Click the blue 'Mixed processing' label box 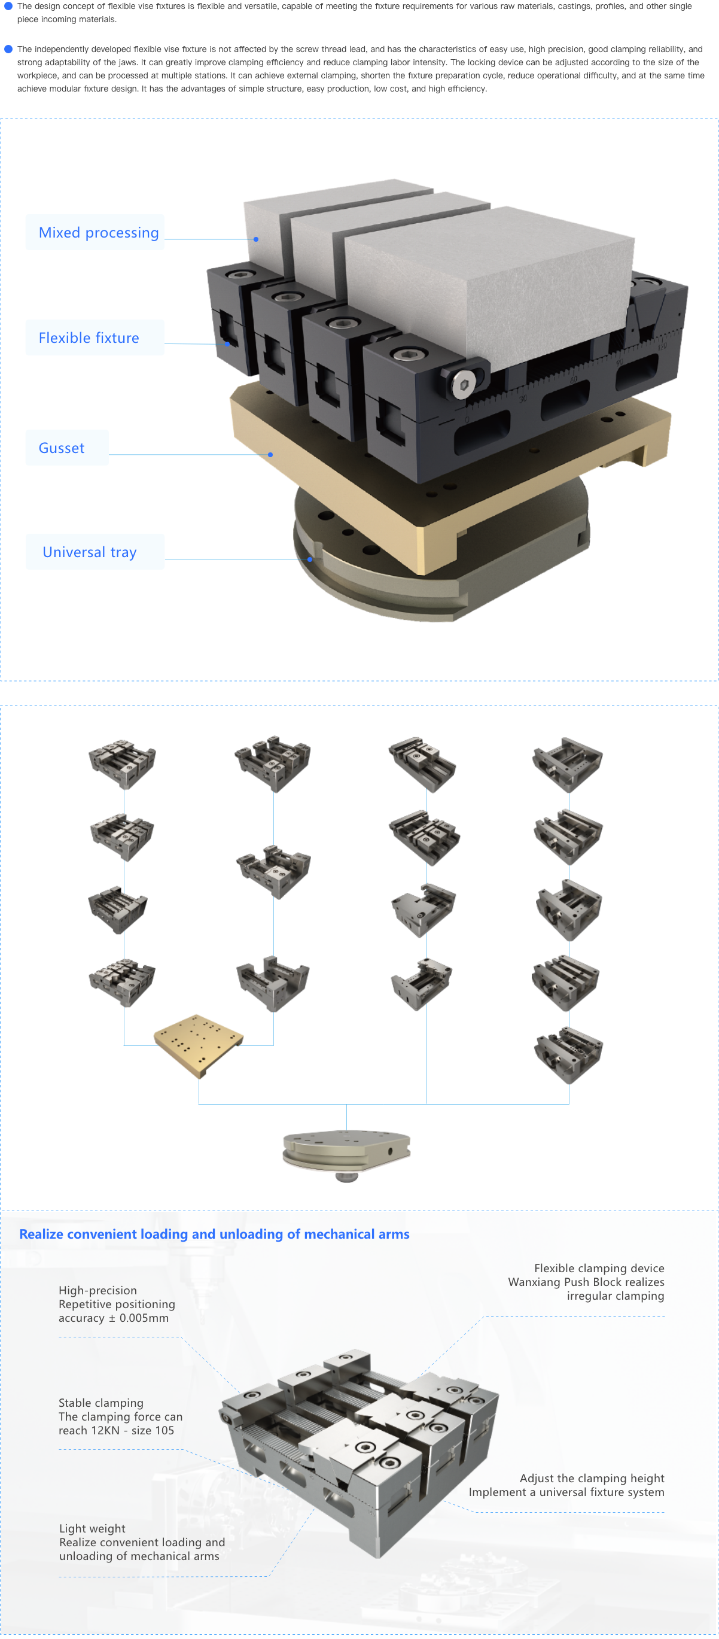tap(95, 232)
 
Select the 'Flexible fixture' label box tap(95, 337)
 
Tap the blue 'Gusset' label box tap(67, 447)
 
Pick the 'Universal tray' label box tap(95, 552)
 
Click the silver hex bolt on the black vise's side tap(464, 384)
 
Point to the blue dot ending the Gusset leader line tap(270, 454)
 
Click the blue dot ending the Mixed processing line tap(256, 239)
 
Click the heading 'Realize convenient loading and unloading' tap(214, 1234)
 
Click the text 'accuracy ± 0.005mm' tap(113, 1318)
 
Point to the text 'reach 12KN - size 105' tap(116, 1430)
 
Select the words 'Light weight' tap(92, 1528)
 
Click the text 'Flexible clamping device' tap(599, 1268)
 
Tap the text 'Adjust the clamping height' tap(592, 1478)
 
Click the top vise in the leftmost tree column tap(122, 762)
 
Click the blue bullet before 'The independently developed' tap(8, 49)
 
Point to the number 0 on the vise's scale tap(467, 420)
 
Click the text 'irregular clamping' tap(616, 1296)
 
